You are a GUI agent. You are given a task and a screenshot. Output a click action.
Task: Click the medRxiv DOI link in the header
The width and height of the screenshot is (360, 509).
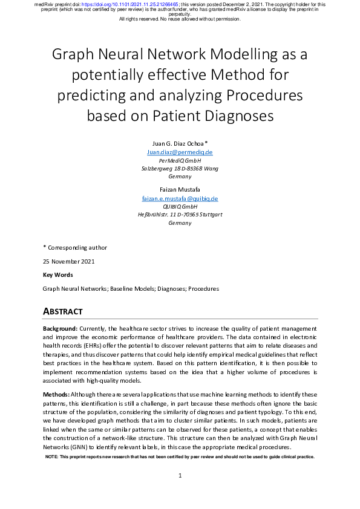[x=132, y=4]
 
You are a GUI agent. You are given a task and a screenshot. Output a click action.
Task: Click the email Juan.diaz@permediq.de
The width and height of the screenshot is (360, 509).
[x=180, y=152]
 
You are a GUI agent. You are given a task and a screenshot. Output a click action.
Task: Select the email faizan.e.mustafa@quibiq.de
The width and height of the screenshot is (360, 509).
[x=180, y=198]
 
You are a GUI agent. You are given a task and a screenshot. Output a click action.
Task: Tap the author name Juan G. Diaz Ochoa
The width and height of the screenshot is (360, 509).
[x=180, y=143]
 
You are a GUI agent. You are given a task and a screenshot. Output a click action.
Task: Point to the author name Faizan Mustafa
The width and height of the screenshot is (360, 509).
[x=180, y=189]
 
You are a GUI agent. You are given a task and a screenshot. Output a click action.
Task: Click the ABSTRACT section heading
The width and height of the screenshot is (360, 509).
[x=62, y=311]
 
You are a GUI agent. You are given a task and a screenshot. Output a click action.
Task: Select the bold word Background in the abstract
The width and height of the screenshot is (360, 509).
[x=59, y=328]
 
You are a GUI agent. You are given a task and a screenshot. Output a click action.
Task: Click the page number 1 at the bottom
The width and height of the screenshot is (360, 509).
[x=180, y=476]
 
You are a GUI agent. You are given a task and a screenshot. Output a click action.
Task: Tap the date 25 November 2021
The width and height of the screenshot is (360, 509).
[x=68, y=261]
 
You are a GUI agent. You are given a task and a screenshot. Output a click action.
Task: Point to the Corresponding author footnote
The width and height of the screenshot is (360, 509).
[x=77, y=247]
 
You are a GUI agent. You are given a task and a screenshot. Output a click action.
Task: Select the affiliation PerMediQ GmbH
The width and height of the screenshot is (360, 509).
[x=180, y=161]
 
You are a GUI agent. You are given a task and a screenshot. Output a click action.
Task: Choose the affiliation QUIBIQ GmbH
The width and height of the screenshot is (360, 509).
[x=180, y=207]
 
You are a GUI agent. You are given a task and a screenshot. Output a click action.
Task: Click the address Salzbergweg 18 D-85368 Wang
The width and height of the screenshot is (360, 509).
[x=180, y=169]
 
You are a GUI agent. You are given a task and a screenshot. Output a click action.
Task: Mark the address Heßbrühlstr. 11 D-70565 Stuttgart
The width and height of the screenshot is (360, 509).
[x=180, y=215]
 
